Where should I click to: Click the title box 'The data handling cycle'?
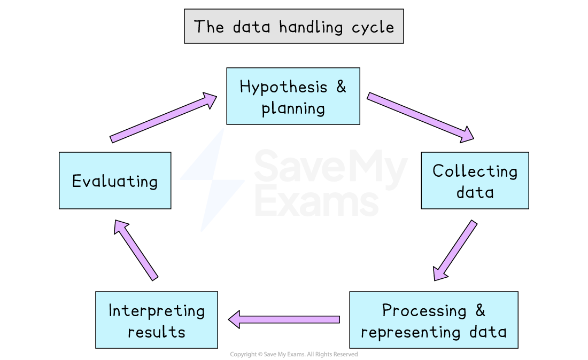point(293,26)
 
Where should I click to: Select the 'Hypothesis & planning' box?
point(293,96)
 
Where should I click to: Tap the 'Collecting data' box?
point(475,181)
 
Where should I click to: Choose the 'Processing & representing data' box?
point(434,320)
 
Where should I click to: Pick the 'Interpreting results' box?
point(157,320)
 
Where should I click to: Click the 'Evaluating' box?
point(115,181)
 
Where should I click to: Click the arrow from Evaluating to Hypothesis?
point(163,118)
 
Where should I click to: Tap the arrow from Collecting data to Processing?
point(455,250)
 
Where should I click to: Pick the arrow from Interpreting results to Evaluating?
point(136,249)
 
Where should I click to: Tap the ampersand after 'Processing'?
point(480,310)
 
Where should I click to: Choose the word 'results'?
point(157,332)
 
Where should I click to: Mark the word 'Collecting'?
point(475,171)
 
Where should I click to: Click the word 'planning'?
point(293,108)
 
